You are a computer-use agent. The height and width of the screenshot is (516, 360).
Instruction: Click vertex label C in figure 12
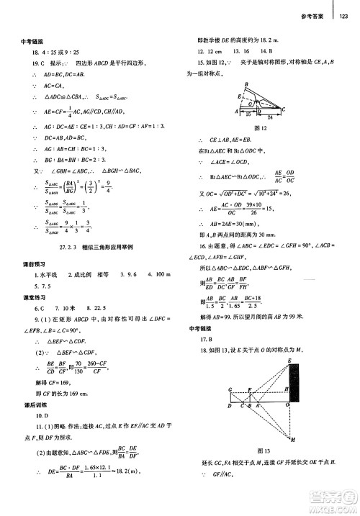point(287,107)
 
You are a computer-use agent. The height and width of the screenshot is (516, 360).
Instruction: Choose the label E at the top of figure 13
point(289,360)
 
